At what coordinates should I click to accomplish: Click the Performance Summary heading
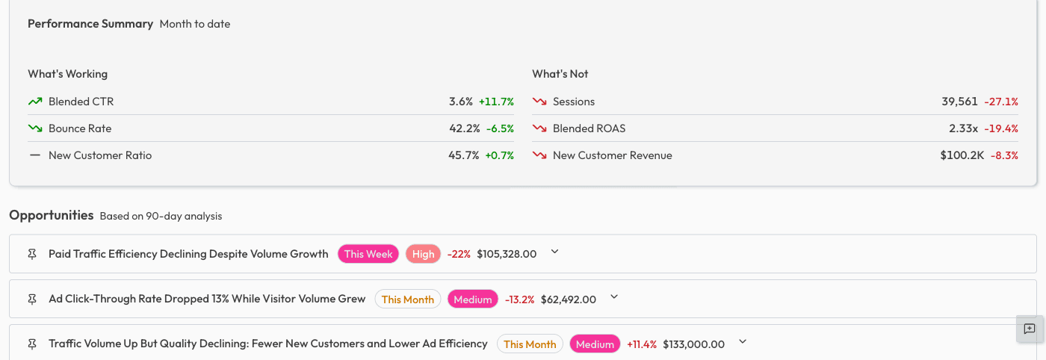(x=90, y=24)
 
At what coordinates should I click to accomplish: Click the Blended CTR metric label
(x=81, y=102)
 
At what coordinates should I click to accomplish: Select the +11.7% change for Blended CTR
(x=496, y=102)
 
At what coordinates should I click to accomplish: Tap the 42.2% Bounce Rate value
(x=464, y=128)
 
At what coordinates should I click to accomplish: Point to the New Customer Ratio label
(x=100, y=155)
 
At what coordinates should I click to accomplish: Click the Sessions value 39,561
(x=959, y=102)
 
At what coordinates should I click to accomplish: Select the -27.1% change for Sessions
(x=1001, y=102)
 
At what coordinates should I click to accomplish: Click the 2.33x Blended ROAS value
(x=963, y=128)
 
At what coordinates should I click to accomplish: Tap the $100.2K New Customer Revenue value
(x=962, y=155)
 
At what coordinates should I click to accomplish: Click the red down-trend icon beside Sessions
(x=539, y=102)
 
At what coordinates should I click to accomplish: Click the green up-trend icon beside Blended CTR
(x=35, y=102)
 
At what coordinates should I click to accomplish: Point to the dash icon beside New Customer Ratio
(x=35, y=155)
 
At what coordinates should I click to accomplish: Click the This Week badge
(x=368, y=254)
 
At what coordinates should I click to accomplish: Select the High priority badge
(x=423, y=254)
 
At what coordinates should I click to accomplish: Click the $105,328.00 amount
(x=507, y=254)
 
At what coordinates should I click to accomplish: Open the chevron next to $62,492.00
(x=614, y=297)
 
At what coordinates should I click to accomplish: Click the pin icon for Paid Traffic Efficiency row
(x=31, y=254)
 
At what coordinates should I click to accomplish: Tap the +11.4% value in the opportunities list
(x=641, y=344)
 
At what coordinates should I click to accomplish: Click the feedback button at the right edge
(x=1029, y=329)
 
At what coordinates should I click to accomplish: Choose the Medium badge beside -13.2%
(x=473, y=300)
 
